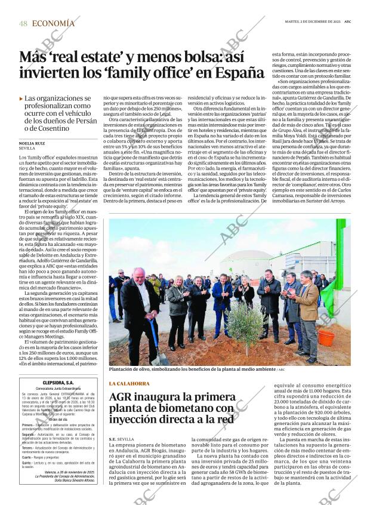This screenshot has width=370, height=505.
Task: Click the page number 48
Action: (23, 23)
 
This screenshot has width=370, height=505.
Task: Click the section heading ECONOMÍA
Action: (53, 23)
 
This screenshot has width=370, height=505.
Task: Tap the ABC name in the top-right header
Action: (347, 21)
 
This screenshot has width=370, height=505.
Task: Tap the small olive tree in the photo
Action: (246, 322)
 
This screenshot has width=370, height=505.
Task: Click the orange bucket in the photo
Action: (326, 338)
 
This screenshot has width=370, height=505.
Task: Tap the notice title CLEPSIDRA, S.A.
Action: (58, 383)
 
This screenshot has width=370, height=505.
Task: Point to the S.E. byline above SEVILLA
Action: (112, 439)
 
